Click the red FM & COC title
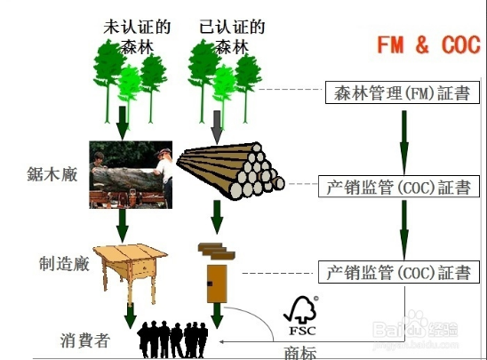(428, 44)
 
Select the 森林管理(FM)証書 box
(403, 92)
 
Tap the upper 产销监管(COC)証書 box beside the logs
(399, 187)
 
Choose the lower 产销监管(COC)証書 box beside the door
(399, 272)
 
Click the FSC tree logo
(301, 316)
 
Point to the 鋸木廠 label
(52, 174)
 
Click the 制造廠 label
(64, 264)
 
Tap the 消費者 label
(84, 340)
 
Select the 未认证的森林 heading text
(137, 36)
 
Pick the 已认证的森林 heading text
(232, 36)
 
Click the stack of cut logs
(230, 171)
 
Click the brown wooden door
(217, 284)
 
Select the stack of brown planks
(217, 252)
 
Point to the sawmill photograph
(131, 174)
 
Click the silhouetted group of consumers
(172, 340)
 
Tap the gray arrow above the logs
(217, 127)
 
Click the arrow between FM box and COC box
(404, 143)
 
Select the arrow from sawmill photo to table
(123, 226)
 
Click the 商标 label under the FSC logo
(300, 353)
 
